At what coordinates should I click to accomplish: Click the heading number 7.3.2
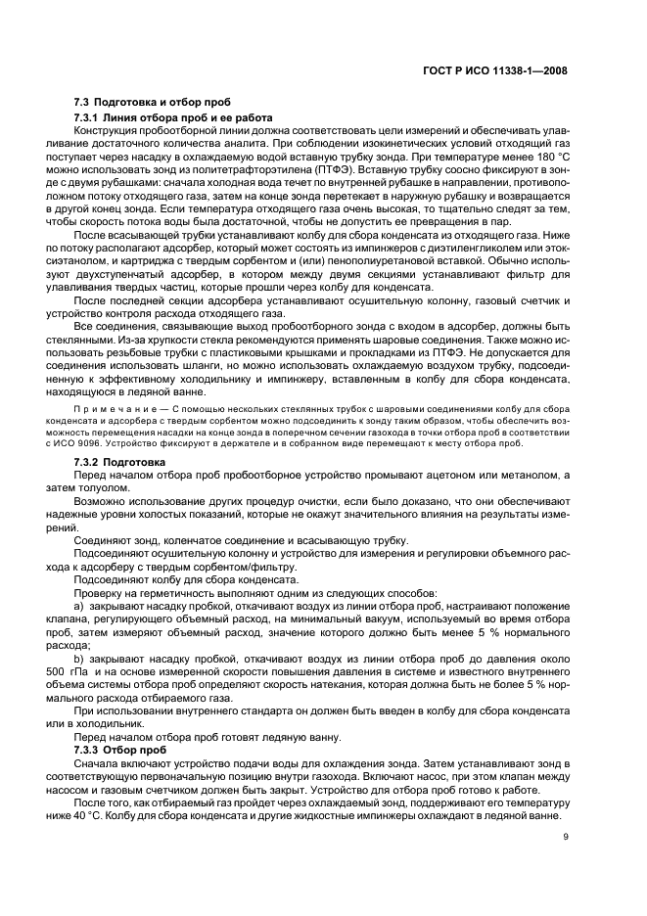[90, 461]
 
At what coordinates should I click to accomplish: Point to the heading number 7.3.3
[90, 750]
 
